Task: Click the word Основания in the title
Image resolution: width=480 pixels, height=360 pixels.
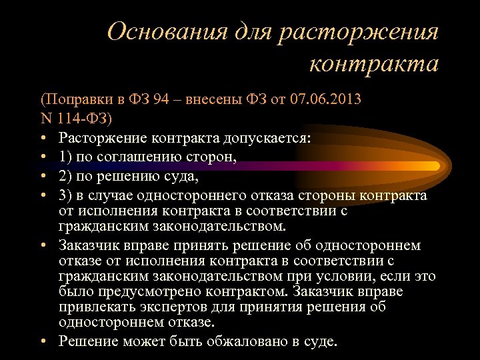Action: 167,31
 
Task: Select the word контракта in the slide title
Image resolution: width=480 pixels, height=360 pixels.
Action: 374,65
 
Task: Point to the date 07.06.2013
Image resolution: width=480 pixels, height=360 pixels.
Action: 326,100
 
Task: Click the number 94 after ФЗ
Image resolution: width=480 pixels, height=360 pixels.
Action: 161,100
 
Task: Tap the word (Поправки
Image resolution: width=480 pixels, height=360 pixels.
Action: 73,100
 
